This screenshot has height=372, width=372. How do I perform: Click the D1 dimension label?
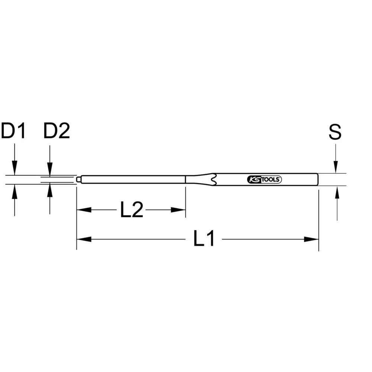pos(13,131)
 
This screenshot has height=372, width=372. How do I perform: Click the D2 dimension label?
pos(57,131)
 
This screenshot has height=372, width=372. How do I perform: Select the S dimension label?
pos(335,132)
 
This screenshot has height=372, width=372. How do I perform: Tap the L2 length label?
pos(131,211)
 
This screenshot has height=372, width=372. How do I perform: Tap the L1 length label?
pos(204,239)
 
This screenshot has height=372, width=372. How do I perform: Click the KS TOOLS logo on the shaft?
pos(264,180)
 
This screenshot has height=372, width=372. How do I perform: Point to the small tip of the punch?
pos(78,180)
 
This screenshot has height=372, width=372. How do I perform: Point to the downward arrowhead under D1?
pos(14,168)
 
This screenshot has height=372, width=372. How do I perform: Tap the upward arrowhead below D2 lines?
pos(49,190)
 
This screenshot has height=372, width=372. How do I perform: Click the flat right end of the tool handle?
pos(318,180)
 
